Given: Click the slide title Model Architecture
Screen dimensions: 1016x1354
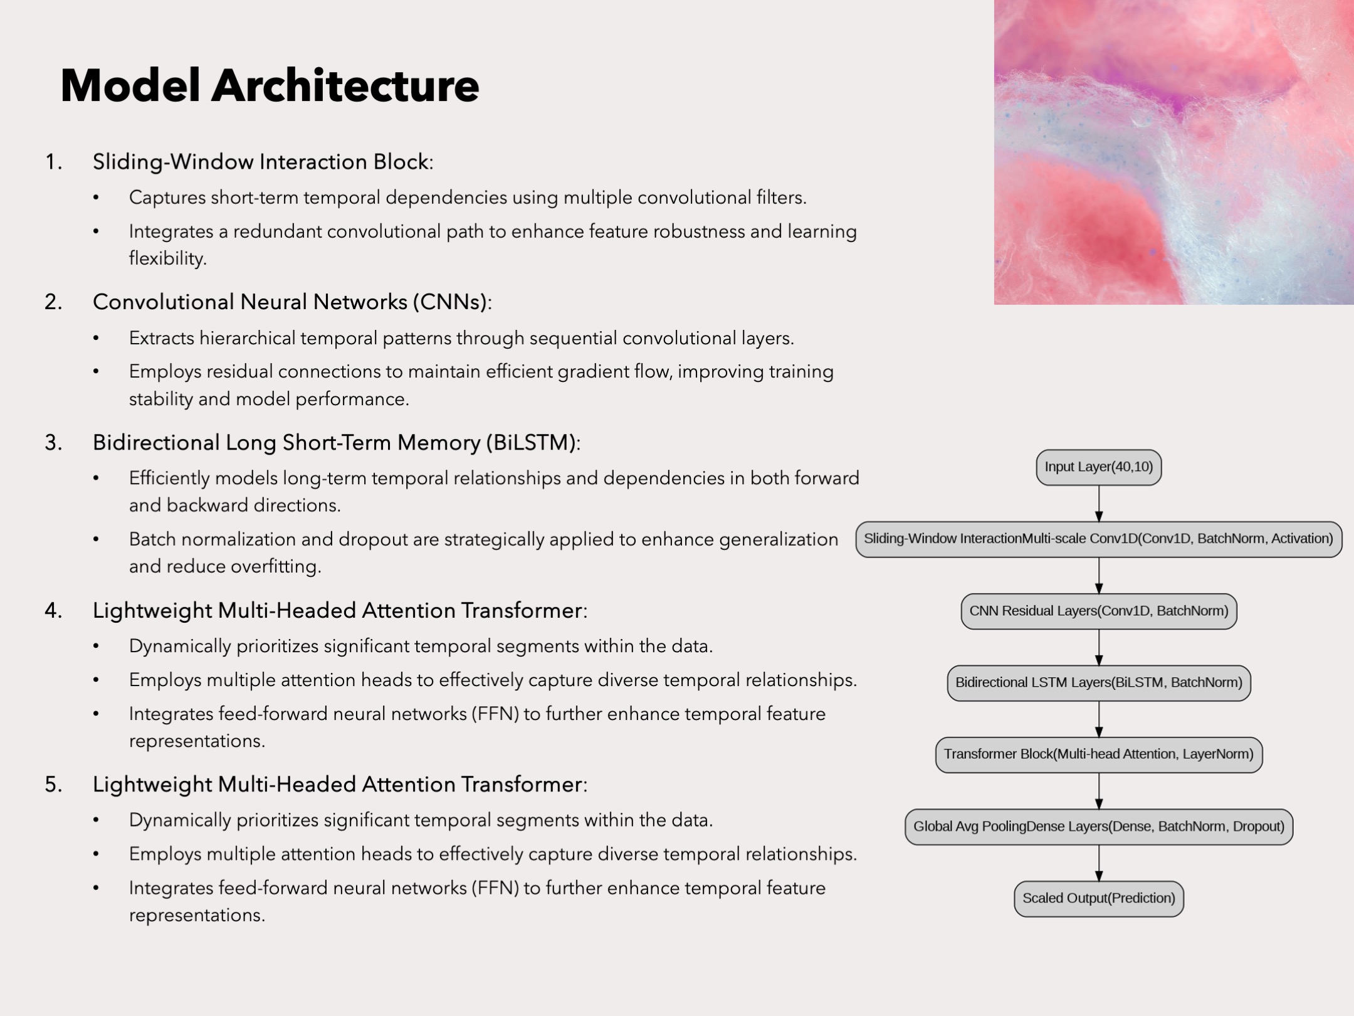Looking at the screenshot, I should click(270, 85).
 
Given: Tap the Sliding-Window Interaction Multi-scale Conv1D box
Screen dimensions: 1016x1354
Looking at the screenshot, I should click(1098, 539).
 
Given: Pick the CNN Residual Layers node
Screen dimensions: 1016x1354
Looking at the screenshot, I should click(1098, 611).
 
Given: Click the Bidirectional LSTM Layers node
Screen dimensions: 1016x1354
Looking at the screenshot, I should click(1098, 682).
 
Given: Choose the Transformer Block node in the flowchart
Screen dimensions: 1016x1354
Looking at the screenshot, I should click(1098, 754).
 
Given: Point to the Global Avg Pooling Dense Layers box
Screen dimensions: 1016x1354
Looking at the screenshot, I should click(1098, 826).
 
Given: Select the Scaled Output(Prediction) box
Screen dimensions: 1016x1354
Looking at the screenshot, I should click(1098, 898).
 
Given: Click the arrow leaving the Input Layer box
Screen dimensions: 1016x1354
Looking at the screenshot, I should click(1099, 503).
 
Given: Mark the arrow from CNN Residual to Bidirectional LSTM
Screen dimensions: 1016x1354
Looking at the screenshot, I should click(1099, 647).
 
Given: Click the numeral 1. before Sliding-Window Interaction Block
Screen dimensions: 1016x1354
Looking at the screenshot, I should click(54, 162).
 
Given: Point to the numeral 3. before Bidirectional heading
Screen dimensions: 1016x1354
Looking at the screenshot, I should click(54, 443).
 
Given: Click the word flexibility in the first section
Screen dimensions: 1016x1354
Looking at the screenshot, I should click(167, 258).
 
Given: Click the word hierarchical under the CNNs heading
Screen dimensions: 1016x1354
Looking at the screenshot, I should click(248, 339).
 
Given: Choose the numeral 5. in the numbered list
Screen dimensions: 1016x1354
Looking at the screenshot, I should click(54, 785).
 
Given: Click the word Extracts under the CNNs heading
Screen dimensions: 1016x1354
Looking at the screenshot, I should click(162, 339).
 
